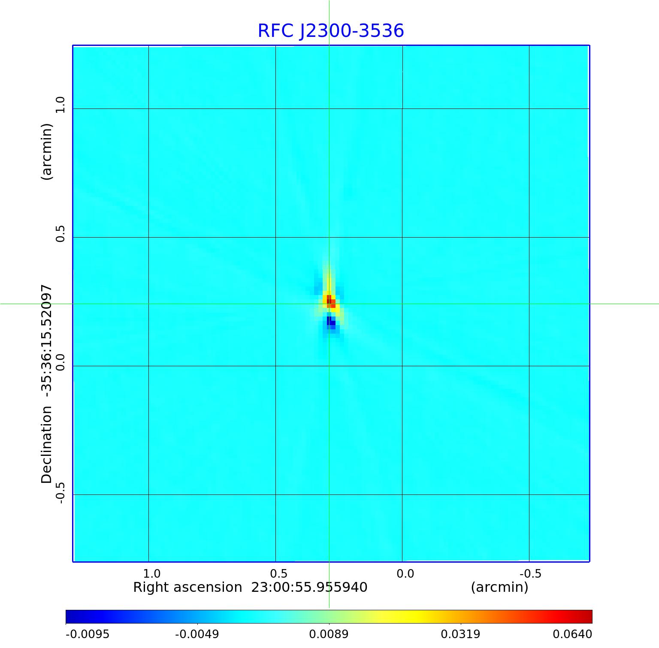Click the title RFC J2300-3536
click(x=331, y=31)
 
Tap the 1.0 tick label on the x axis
click(x=151, y=573)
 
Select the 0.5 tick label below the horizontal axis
click(x=278, y=573)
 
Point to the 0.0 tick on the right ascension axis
click(x=405, y=573)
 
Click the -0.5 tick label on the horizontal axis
click(x=531, y=573)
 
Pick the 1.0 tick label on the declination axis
click(x=60, y=105)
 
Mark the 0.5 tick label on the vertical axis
click(x=60, y=233)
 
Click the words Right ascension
click(x=187, y=587)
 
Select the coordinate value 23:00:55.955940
click(x=309, y=587)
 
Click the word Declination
click(x=46, y=445)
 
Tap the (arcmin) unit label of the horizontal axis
click(x=499, y=587)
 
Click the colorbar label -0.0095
click(x=88, y=634)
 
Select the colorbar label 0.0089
click(x=329, y=634)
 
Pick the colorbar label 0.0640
click(x=572, y=634)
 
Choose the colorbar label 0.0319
click(x=461, y=634)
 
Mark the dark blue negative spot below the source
click(x=330, y=322)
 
